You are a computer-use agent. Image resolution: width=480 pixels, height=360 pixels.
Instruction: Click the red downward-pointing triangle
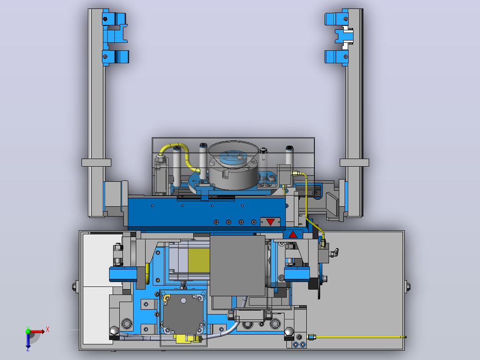(x=270, y=222)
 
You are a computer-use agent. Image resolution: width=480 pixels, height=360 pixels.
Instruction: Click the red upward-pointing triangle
(x=293, y=235)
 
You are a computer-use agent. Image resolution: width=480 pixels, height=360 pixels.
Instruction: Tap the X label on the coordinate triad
(x=48, y=330)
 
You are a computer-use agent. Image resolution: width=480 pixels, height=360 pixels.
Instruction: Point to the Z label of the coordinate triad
(x=28, y=349)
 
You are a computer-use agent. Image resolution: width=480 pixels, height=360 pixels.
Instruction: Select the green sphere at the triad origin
(x=28, y=331)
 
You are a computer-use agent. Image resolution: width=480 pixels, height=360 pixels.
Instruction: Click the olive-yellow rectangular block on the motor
(x=199, y=261)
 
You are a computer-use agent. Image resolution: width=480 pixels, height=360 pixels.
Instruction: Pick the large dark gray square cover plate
(x=237, y=266)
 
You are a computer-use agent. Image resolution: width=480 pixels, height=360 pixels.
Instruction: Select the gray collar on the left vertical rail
(x=96, y=162)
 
